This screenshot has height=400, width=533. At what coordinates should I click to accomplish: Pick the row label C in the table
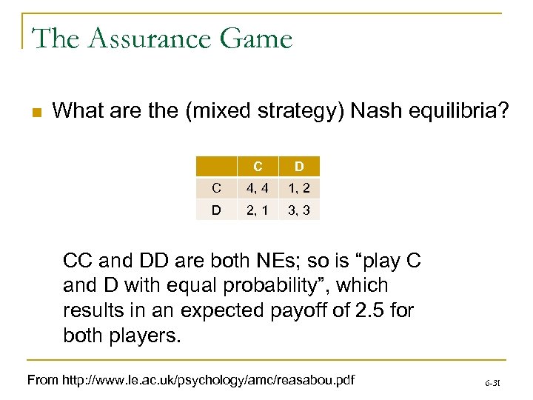(215, 187)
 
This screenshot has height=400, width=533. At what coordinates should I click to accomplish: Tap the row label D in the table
(215, 210)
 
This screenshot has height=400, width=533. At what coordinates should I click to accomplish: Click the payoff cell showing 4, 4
(256, 187)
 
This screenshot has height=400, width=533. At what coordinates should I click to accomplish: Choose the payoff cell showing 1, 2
(300, 187)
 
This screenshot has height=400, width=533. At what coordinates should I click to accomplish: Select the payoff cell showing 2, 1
(256, 210)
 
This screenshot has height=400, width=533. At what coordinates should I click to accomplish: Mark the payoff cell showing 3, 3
(300, 210)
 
